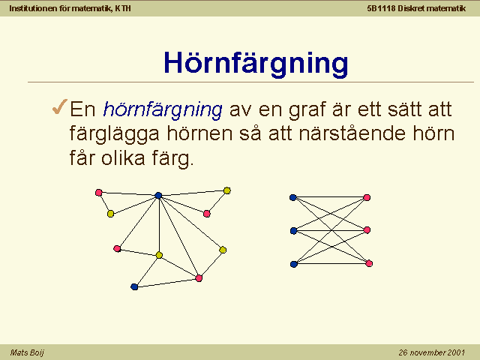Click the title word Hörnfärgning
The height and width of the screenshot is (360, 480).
pyautogui.click(x=256, y=64)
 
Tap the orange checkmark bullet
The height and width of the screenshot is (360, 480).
pyautogui.click(x=60, y=106)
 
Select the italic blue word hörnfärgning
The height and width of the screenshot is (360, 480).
pyautogui.click(x=163, y=110)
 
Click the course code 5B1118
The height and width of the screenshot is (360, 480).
pyautogui.click(x=382, y=8)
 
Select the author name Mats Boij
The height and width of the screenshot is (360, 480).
pyautogui.click(x=27, y=352)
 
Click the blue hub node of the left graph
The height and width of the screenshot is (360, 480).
pyautogui.click(x=158, y=195)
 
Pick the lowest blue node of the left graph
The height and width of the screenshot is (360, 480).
pyautogui.click(x=134, y=286)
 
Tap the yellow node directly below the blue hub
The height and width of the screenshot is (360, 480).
pyautogui.click(x=159, y=255)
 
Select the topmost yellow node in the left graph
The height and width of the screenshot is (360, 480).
pyautogui.click(x=226, y=190)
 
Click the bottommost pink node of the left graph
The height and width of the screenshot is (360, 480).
pyautogui.click(x=199, y=278)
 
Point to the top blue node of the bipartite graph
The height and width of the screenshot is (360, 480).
pyautogui.click(x=293, y=197)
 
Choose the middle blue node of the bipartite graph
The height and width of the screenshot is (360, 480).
pyautogui.click(x=293, y=230)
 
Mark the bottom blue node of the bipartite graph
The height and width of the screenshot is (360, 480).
pyautogui.click(x=294, y=264)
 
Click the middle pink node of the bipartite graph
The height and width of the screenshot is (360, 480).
pyautogui.click(x=367, y=230)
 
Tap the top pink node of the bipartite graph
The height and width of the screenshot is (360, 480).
pyautogui.click(x=367, y=197)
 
